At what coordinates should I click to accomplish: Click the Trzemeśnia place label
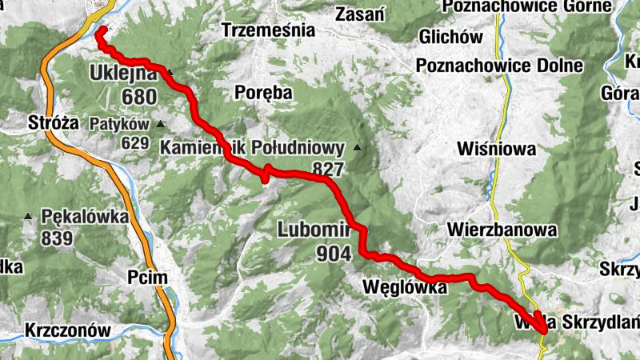(x=268, y=31)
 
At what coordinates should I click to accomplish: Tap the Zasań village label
(x=361, y=14)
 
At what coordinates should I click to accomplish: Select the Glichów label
(x=450, y=38)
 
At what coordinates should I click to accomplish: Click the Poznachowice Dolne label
(x=499, y=66)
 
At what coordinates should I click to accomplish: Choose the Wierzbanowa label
(x=502, y=230)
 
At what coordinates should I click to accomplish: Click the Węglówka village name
(x=404, y=286)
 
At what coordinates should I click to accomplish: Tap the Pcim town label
(x=147, y=278)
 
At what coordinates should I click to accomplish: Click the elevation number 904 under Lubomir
(x=334, y=254)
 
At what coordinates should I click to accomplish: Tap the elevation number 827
(x=328, y=169)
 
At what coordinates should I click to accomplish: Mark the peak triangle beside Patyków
(x=161, y=124)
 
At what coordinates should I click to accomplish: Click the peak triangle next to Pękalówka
(x=28, y=216)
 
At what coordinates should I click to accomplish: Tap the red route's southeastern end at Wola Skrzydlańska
(x=546, y=329)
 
